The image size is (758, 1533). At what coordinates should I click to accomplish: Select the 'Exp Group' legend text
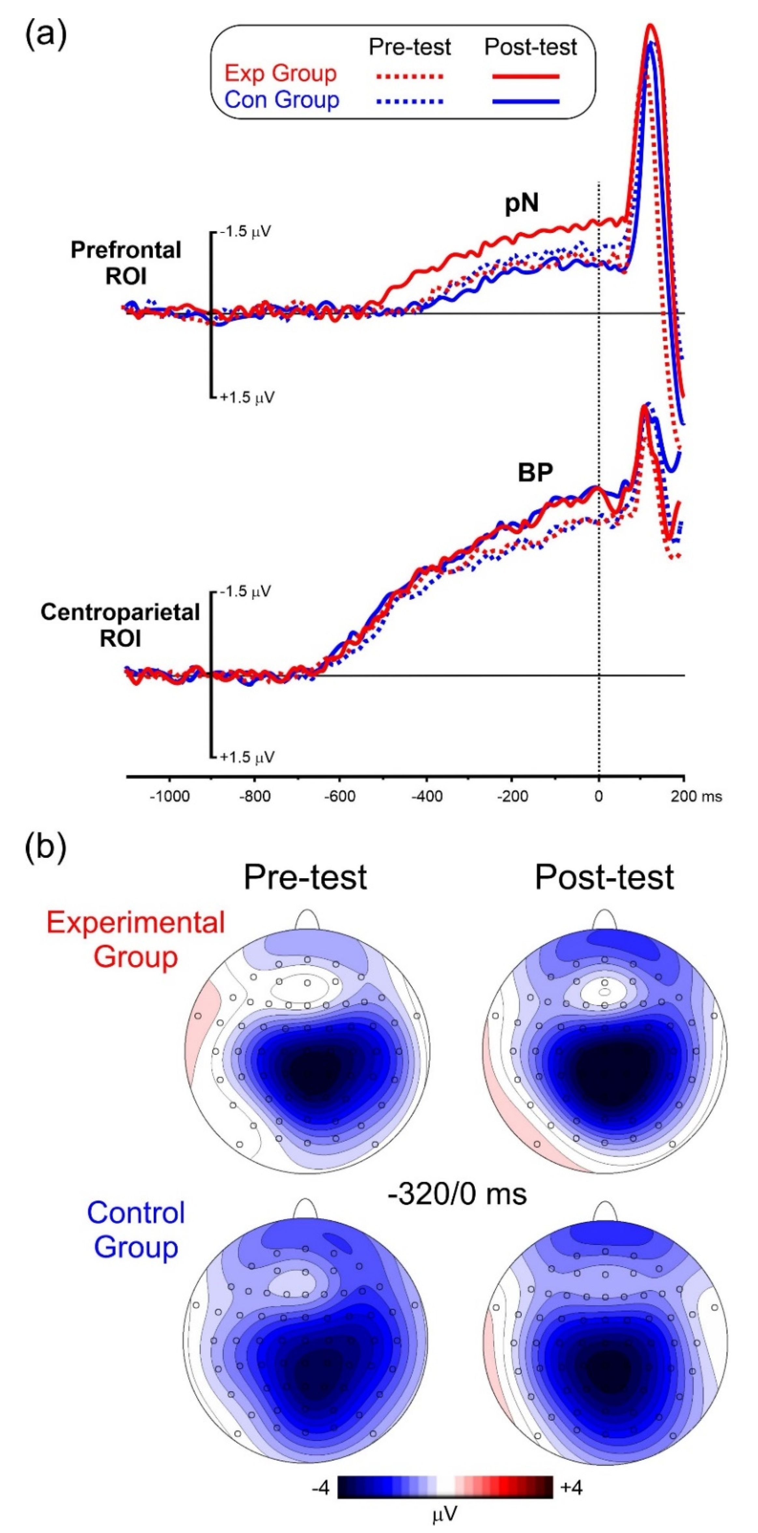[x=280, y=74]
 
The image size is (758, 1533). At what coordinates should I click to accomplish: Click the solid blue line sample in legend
[x=526, y=101]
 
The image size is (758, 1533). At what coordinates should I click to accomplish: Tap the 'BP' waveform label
[x=535, y=472]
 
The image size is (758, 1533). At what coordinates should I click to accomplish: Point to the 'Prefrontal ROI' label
[x=126, y=263]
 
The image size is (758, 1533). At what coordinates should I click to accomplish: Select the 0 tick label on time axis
[x=598, y=796]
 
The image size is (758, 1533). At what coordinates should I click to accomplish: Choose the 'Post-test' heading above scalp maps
[x=604, y=877]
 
